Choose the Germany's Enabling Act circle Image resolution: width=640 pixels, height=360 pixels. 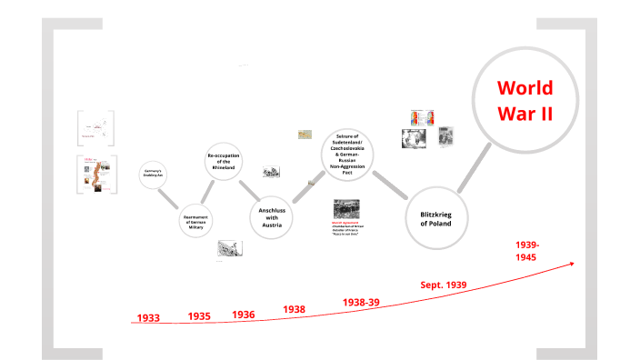click(153, 175)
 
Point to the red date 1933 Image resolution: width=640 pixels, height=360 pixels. click(148, 318)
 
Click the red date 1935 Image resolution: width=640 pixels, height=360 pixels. click(199, 316)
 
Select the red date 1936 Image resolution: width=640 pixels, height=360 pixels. click(243, 315)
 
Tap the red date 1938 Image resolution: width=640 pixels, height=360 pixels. click(294, 309)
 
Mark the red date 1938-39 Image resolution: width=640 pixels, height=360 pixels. click(361, 302)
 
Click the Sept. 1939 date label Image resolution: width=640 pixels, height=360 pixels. click(444, 285)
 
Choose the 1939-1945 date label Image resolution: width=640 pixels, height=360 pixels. click(527, 251)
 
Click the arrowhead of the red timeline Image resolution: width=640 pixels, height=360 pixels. click(572, 264)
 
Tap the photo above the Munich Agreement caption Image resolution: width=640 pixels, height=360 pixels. click(346, 208)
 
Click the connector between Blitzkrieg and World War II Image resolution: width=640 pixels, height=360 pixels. click(473, 175)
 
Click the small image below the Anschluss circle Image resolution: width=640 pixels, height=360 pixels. click(229, 248)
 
